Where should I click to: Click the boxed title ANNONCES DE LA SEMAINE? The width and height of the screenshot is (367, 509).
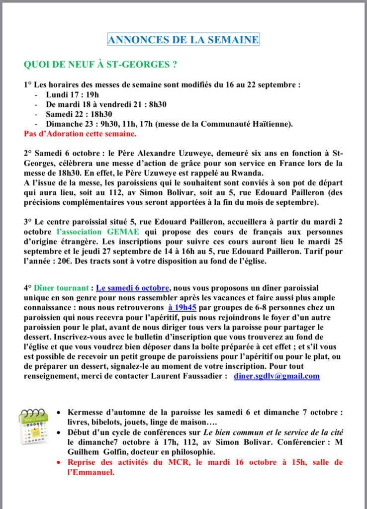183,40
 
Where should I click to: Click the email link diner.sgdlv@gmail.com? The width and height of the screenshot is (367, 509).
276,376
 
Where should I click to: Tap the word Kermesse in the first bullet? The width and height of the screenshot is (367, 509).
87,413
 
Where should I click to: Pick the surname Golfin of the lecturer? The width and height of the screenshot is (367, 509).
121,451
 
